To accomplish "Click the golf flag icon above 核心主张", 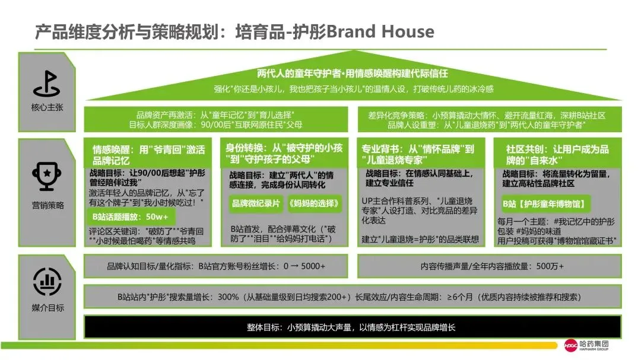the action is (x=47, y=84).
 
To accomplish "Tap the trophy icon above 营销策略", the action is (x=47, y=176).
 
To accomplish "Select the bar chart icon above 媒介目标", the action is (x=47, y=282).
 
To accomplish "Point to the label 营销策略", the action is (x=47, y=205).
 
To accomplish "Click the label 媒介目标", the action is (x=47, y=308).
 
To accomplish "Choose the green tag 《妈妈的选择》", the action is (x=315, y=203).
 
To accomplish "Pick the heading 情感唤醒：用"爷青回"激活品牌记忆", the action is (x=148, y=155).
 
